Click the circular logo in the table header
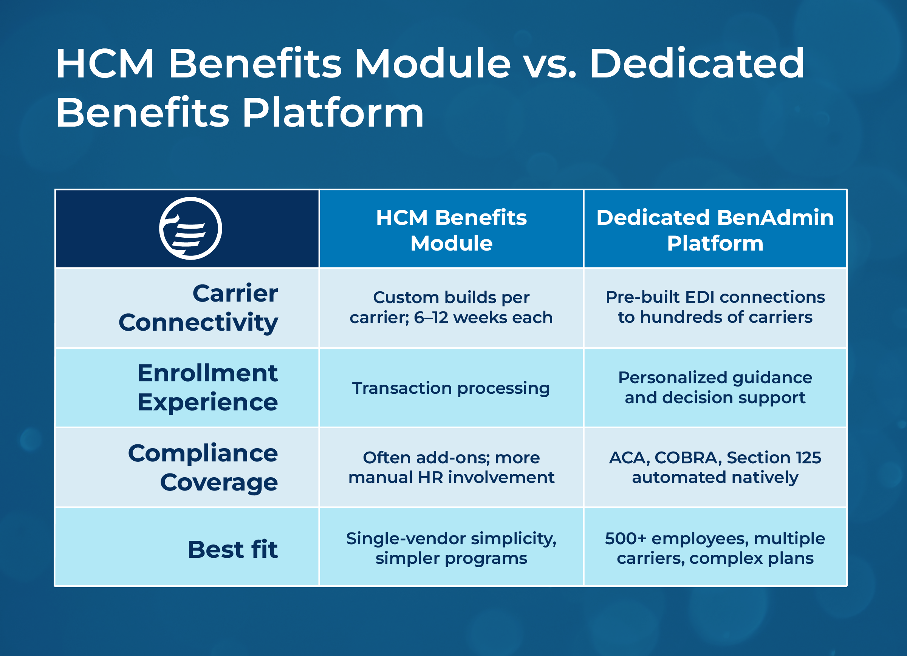pyautogui.click(x=190, y=228)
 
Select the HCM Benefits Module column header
pyautogui.click(x=451, y=230)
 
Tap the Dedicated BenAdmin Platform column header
pyautogui.click(x=715, y=230)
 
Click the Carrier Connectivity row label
pyautogui.click(x=198, y=308)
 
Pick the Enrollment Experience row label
pyautogui.click(x=207, y=387)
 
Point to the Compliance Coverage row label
pyautogui.click(x=203, y=467)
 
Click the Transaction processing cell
pyautogui.click(x=451, y=388)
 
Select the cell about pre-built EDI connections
pyautogui.click(x=715, y=307)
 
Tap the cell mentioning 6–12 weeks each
pyautogui.click(x=451, y=308)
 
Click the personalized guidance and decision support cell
pyautogui.click(x=715, y=387)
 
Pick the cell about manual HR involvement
pyautogui.click(x=451, y=467)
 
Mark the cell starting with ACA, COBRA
pyautogui.click(x=715, y=467)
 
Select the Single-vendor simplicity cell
pyautogui.click(x=451, y=548)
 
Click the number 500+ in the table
pyautogui.click(x=625, y=538)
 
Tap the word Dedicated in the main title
pyautogui.click(x=697, y=63)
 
